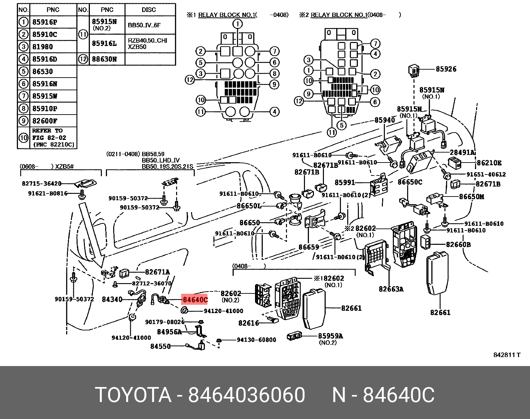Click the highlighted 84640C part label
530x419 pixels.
(x=194, y=299)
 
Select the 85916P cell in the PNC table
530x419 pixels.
(x=45, y=22)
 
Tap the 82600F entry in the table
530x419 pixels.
(x=45, y=121)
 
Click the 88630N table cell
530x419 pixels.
(x=104, y=59)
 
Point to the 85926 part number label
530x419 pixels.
(x=446, y=69)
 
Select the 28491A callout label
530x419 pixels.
(x=462, y=152)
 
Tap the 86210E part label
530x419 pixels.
(x=489, y=163)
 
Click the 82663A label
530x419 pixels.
(x=391, y=289)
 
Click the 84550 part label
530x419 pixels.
(x=160, y=346)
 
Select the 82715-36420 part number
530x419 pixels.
(x=42, y=184)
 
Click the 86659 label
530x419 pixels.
(x=309, y=247)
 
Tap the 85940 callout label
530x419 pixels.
(x=385, y=120)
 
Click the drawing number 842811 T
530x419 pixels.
(x=506, y=355)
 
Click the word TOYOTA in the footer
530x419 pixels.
(x=133, y=395)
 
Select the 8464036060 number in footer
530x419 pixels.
(x=246, y=395)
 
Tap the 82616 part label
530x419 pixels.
(x=248, y=323)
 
